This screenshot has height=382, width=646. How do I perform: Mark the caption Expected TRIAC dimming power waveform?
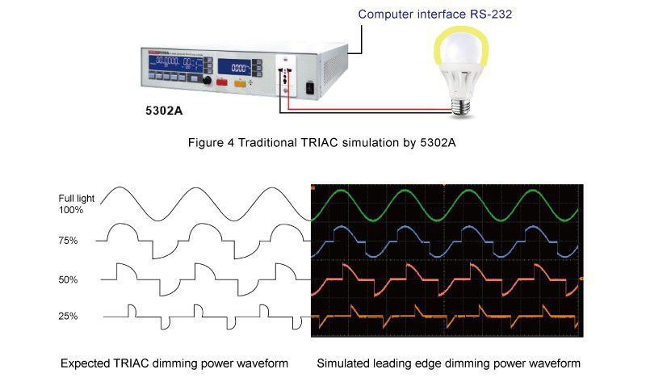point(174,363)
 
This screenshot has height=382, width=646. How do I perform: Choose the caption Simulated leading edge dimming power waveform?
point(449,363)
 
